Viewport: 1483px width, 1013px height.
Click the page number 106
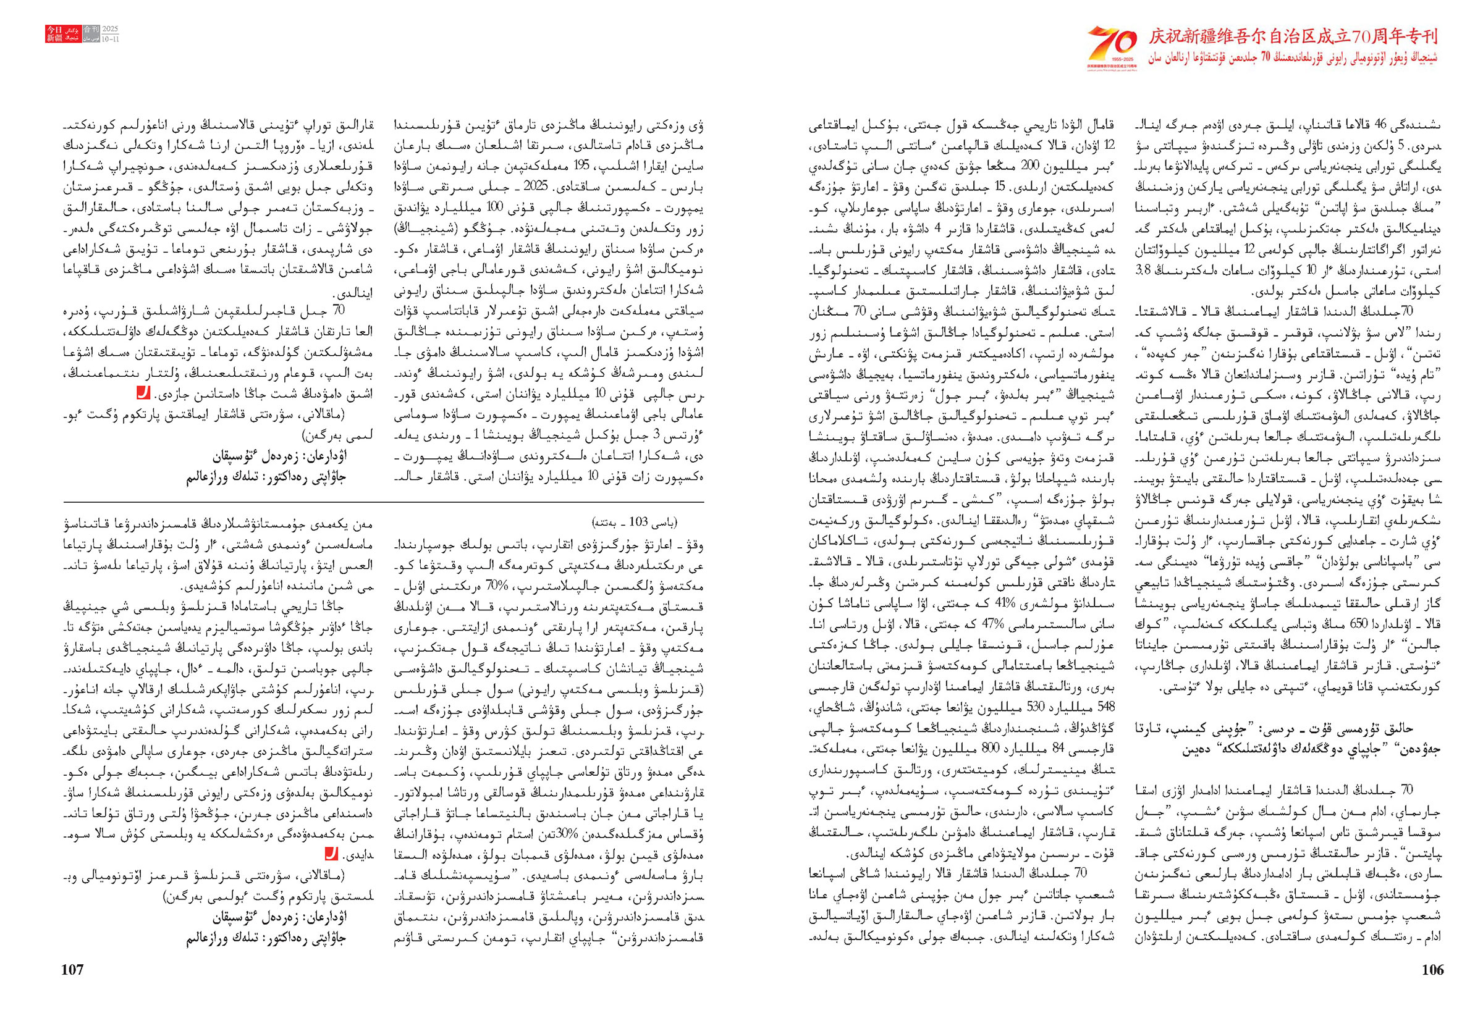tap(1432, 970)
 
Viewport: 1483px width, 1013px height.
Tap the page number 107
tap(72, 970)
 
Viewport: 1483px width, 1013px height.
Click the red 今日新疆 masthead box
tap(54, 34)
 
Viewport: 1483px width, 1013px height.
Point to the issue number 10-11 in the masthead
tap(111, 39)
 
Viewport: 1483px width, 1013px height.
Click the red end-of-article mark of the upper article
tap(143, 393)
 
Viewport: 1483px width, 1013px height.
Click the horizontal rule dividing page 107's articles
tap(383, 502)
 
